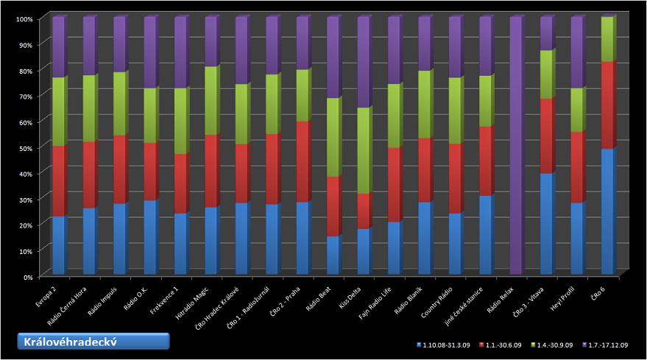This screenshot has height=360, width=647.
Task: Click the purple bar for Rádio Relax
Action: click(x=515, y=147)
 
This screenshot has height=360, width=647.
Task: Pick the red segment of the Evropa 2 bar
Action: click(x=58, y=181)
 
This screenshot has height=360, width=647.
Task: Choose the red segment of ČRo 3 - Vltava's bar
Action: click(x=545, y=136)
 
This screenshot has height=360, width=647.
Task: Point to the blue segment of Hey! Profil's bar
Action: click(x=576, y=239)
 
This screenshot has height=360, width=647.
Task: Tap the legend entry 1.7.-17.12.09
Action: click(x=603, y=345)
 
